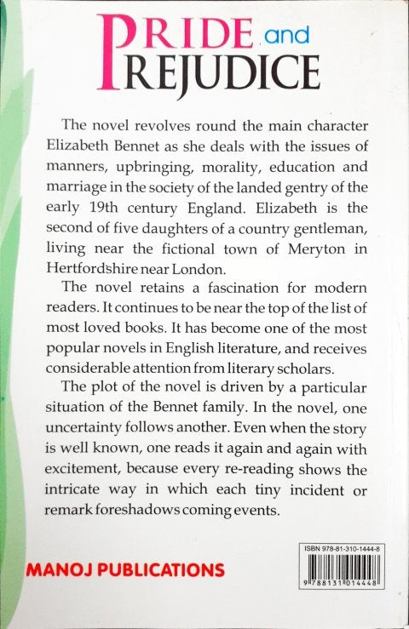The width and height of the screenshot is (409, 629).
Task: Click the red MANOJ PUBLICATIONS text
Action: [123, 569]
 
